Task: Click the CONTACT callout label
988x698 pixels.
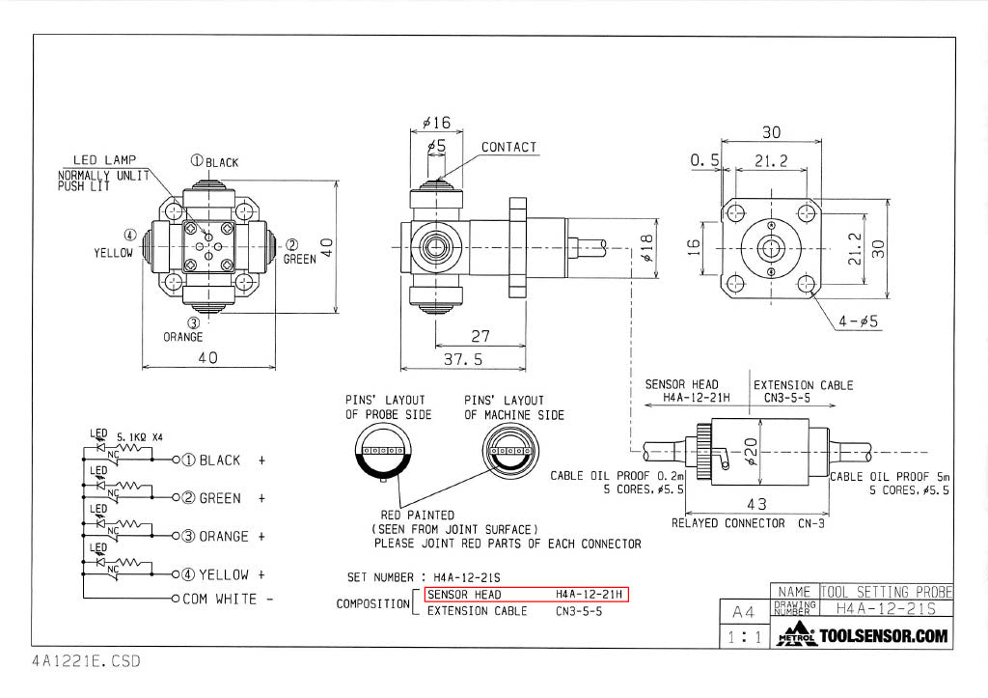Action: tap(508, 148)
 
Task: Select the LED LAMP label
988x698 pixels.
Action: tap(105, 159)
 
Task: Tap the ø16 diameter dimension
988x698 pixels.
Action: tap(436, 124)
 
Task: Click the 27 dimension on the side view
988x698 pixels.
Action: tap(480, 337)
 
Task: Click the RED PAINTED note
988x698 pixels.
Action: tap(418, 515)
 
